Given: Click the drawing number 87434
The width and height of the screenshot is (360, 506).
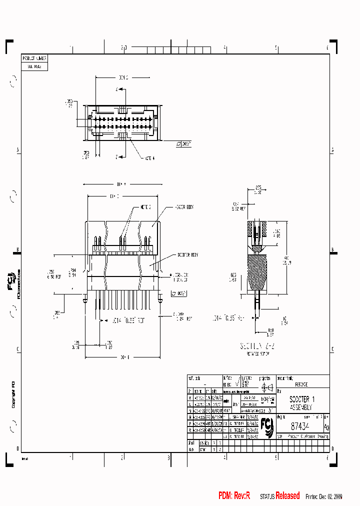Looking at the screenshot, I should pyautogui.click(x=300, y=426).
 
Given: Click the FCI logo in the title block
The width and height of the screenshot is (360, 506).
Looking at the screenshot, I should pyautogui.click(x=268, y=426).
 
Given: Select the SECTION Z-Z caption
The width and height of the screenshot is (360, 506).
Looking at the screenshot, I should pyautogui.click(x=258, y=345).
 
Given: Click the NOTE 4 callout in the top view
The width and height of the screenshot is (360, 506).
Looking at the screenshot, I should pyautogui.click(x=149, y=158).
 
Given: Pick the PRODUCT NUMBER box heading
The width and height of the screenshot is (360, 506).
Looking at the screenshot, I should pyautogui.click(x=34, y=58).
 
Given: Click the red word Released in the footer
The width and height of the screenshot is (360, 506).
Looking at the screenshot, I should pyautogui.click(x=287, y=496).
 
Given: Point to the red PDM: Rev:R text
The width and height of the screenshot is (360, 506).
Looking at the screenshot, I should pyautogui.click(x=234, y=496).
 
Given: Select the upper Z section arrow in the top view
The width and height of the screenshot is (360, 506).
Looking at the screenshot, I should pyautogui.click(x=117, y=89).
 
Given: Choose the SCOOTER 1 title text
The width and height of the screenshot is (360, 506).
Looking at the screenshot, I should pyautogui.click(x=302, y=400).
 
